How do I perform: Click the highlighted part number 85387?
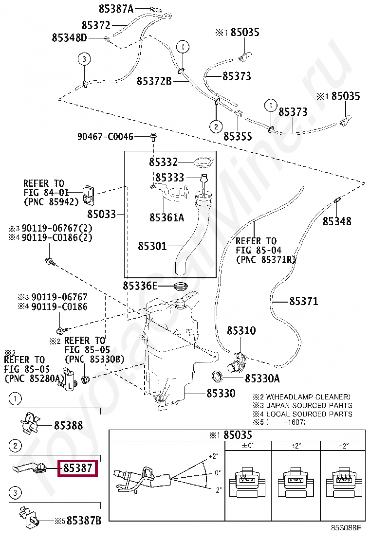pos(78,469)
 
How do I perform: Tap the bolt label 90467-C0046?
pos(105,137)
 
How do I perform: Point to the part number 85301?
pos(152,247)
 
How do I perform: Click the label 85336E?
pos(140,286)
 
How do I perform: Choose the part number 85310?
pos(241,331)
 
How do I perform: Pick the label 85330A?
pos(262,378)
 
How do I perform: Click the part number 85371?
pos(303,302)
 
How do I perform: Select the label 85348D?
pos(69,38)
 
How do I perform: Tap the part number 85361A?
pos(166,217)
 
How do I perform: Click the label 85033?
pos(102,214)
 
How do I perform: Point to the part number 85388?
pos(68,426)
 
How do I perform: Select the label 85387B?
pos(84,521)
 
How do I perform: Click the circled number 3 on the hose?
pos(84,59)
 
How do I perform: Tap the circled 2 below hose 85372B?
pos(216,126)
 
